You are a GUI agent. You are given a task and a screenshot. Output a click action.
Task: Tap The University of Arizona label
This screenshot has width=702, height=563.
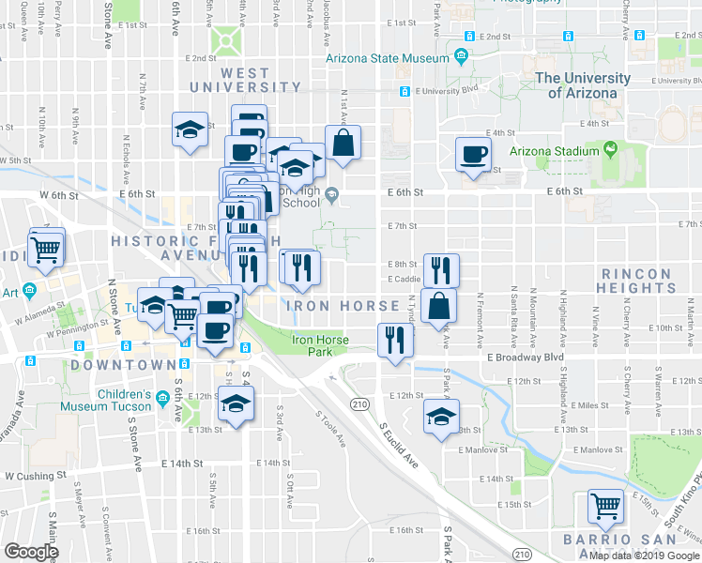589,85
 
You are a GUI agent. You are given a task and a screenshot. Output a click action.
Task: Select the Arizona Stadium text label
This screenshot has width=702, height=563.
554,151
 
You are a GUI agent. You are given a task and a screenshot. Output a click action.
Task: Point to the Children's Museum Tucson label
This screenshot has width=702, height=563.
106,400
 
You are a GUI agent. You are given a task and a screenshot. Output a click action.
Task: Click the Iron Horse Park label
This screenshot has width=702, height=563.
320,346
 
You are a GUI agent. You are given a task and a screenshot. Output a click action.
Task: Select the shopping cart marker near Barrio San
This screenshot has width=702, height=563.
605,507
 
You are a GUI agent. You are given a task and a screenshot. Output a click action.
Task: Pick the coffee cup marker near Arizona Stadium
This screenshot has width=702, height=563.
473,153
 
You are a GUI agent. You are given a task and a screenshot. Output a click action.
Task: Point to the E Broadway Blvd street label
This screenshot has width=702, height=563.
525,358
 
